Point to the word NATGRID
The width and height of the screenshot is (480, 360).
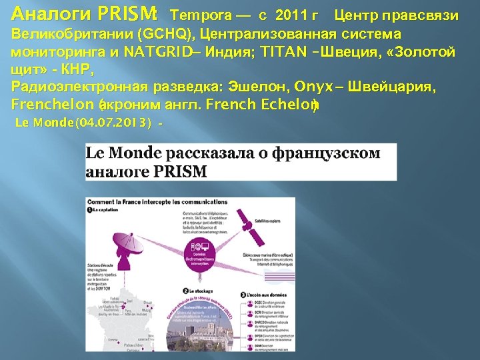pos(157,51)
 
